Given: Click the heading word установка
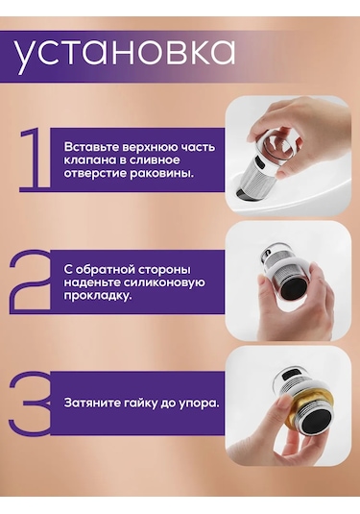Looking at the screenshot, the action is (x=124, y=55).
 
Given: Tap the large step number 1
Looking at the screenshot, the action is (x=36, y=159).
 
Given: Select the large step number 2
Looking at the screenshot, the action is (x=31, y=280).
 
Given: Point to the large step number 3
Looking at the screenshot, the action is (x=31, y=403).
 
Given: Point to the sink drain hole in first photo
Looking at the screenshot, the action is (x=247, y=194).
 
